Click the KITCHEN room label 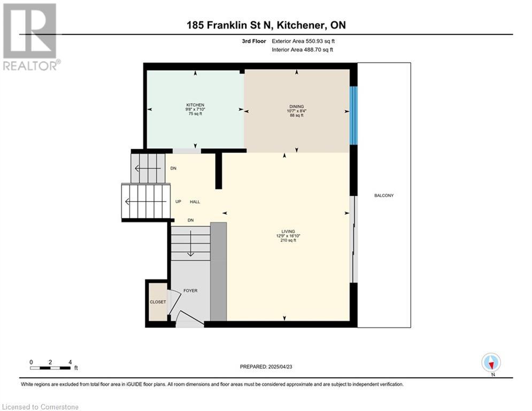[x=195, y=105]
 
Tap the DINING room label [x=297, y=106]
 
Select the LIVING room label [x=288, y=231]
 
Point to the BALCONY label [x=384, y=195]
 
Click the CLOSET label [x=158, y=302]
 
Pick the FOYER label [x=190, y=291]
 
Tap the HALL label [x=195, y=201]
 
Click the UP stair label [x=178, y=201]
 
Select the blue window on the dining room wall [x=353, y=116]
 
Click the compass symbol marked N [x=491, y=363]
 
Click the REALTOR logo [x=30, y=37]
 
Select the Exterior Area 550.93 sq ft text [x=303, y=41]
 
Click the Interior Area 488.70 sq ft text [x=302, y=50]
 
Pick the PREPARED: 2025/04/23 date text [x=266, y=367]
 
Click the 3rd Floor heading [x=254, y=41]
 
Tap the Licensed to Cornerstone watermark [x=40, y=407]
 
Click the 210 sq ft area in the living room [x=288, y=240]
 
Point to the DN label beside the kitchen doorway [x=173, y=168]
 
